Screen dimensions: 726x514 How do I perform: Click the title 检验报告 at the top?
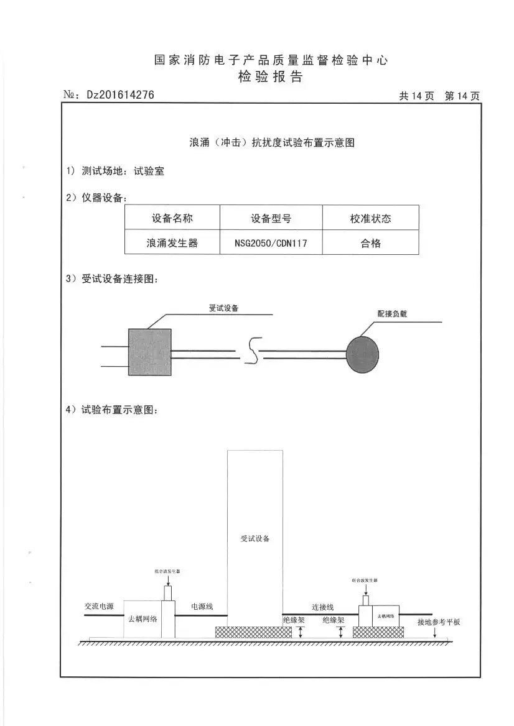[271, 77]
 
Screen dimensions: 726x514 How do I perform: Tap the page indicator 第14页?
[462, 96]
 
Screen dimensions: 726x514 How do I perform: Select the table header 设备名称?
[172, 219]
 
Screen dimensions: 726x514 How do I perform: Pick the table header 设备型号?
[271, 219]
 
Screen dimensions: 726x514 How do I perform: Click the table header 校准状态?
[370, 219]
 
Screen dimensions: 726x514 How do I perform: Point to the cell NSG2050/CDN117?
[271, 244]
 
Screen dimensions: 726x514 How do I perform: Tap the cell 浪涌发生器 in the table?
[172, 244]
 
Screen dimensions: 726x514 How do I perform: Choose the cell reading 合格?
[370, 244]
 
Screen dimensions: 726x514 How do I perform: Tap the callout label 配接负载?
[392, 315]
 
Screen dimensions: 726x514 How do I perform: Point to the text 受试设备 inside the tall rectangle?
[255, 538]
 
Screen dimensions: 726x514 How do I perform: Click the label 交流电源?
[99, 606]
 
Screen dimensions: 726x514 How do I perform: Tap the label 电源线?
[202, 606]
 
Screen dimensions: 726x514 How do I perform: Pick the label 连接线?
[323, 607]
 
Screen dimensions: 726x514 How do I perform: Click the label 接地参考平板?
[439, 622]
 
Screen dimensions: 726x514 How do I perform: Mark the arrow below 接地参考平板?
[434, 633]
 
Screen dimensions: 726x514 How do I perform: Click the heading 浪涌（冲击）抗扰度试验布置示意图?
[272, 142]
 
